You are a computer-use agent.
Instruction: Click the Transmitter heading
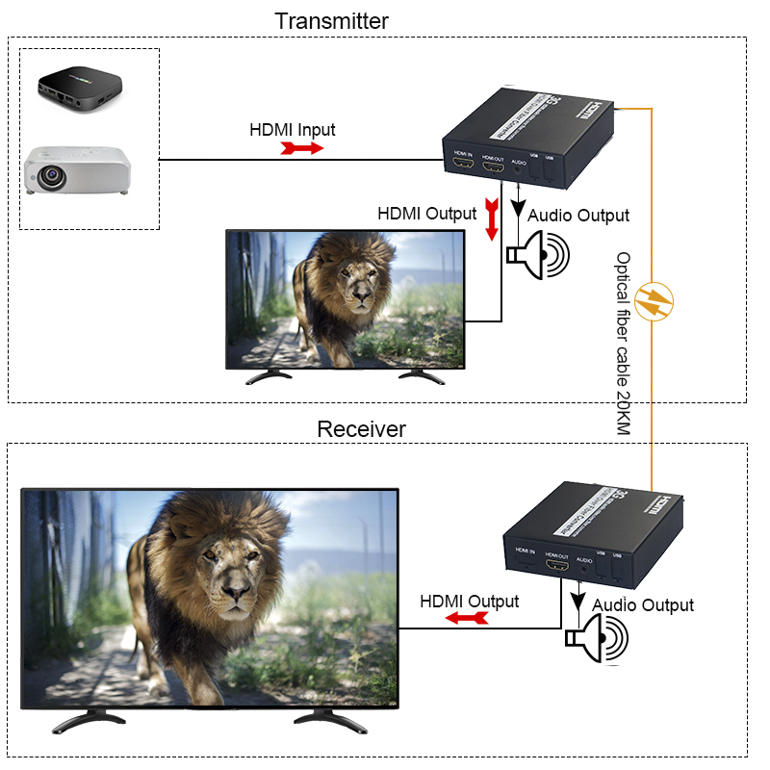[331, 20]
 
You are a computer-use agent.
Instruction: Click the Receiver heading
[361, 428]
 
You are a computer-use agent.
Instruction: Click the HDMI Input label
[293, 129]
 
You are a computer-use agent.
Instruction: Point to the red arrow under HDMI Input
[301, 148]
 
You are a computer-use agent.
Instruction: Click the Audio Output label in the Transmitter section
[577, 216]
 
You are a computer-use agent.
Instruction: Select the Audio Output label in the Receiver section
[643, 604]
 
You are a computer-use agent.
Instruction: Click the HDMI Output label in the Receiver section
[469, 602]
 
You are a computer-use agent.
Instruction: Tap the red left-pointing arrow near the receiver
[466, 620]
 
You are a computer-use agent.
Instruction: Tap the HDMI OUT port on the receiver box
[557, 568]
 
